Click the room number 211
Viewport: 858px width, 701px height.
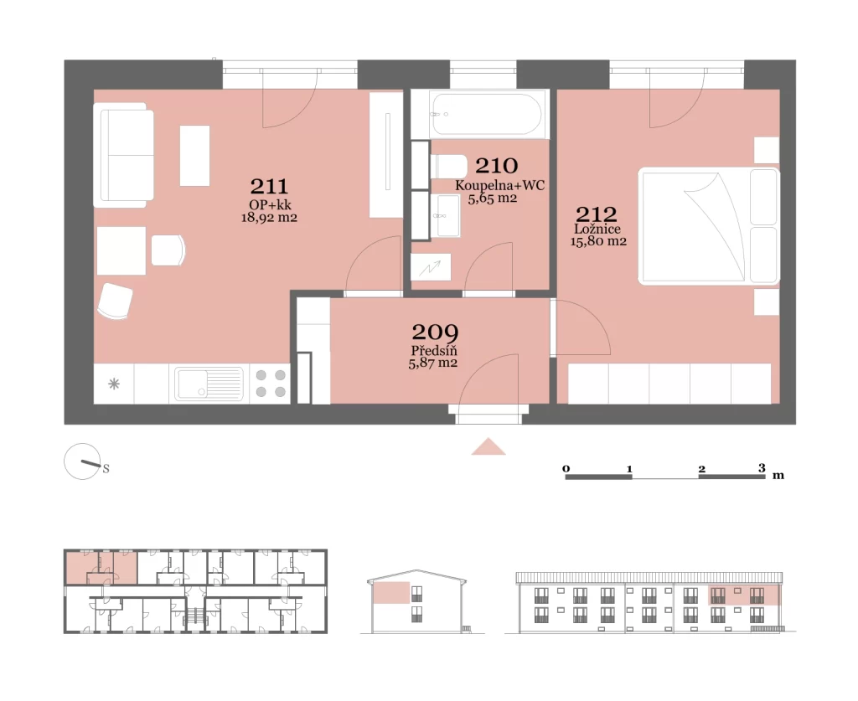pos(269,187)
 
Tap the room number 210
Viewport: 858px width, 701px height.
pos(496,166)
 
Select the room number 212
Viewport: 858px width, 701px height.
pos(597,214)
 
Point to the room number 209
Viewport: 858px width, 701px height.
pos(435,332)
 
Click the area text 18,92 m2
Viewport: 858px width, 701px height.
pos(269,218)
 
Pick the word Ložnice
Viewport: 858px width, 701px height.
pos(597,229)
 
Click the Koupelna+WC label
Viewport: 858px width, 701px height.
pos(499,185)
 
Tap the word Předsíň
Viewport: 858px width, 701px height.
pos(434,350)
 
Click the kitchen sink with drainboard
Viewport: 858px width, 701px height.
pos(209,384)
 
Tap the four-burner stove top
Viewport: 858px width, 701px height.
pos(271,384)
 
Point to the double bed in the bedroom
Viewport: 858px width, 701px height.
pos(709,226)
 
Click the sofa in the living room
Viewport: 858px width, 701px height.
pos(123,155)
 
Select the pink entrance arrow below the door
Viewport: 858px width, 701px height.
pos(488,447)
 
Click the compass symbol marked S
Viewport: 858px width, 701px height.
pos(83,462)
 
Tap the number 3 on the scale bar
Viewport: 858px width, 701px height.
pos(762,468)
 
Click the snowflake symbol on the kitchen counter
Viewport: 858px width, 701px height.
pos(114,384)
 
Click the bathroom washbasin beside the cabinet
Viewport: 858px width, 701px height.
pos(446,215)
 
